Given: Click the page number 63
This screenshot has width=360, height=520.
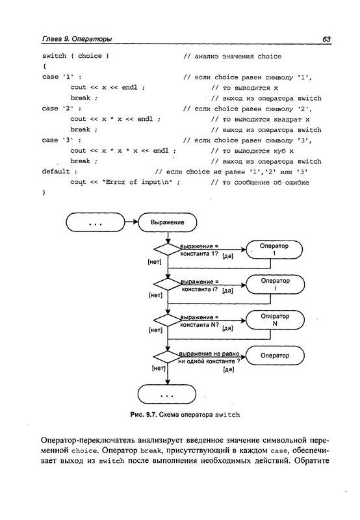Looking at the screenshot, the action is coord(326,39).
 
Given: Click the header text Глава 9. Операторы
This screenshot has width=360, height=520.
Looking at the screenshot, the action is coord(77,39).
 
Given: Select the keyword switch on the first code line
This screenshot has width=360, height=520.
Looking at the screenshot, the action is coord(54,56).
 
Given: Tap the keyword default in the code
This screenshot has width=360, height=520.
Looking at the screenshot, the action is coord(56,172).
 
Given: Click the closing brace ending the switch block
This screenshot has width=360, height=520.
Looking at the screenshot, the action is coord(44,192).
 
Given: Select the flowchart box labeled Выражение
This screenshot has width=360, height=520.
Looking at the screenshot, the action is coord(168,222).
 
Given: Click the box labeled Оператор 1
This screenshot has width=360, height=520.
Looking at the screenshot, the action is coord(274,250).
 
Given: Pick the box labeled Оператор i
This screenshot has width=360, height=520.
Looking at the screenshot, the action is coord(275,285).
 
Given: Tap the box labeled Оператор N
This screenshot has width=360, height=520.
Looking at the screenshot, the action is coord(275,320).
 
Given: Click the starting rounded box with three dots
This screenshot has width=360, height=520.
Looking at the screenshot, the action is coord(96,222).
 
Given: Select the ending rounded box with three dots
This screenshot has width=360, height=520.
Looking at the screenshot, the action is coord(167,395).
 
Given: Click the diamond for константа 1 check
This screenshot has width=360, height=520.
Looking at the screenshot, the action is coord(168,250).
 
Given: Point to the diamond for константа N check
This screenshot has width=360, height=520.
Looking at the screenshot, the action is coord(168,320).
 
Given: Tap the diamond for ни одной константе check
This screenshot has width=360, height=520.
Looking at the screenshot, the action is coord(168,357).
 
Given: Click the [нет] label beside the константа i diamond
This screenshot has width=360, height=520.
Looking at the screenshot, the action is coord(155,295).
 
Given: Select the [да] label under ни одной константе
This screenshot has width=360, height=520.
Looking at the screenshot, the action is coord(228,369).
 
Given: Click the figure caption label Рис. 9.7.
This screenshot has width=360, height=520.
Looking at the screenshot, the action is coord(143,415).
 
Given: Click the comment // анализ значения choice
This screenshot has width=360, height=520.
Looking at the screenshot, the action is coord(232,57).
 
